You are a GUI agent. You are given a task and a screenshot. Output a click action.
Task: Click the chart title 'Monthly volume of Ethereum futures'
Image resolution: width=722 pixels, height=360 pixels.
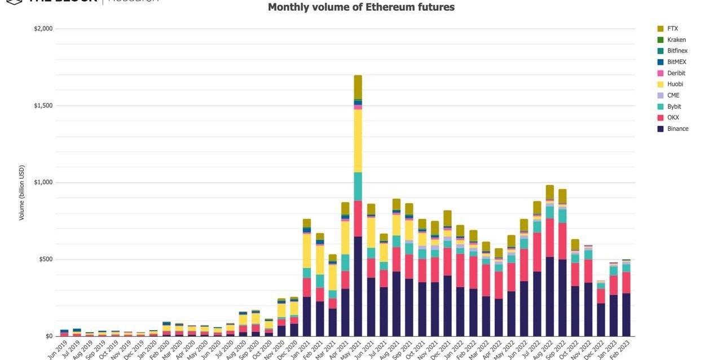(x=361, y=7)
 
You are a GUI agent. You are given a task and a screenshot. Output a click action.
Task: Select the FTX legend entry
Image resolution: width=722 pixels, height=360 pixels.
(x=672, y=28)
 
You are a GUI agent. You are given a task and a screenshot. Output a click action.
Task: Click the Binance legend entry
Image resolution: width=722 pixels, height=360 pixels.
(x=677, y=129)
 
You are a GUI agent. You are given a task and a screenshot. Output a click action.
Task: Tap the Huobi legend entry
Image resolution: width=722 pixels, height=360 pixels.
(x=675, y=84)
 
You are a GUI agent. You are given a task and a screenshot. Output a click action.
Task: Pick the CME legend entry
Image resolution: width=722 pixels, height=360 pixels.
(x=673, y=95)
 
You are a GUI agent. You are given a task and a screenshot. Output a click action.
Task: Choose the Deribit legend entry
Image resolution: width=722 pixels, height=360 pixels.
(x=676, y=73)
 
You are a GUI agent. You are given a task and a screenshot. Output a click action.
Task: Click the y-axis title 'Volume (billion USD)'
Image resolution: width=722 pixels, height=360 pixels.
(x=22, y=193)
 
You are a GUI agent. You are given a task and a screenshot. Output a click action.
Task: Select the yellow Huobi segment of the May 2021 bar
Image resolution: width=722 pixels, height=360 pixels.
(x=358, y=141)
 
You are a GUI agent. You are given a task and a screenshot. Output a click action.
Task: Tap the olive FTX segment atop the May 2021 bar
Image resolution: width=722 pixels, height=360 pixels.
(x=358, y=87)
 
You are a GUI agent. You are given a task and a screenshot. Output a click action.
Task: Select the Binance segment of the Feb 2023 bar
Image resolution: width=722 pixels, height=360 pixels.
(x=626, y=314)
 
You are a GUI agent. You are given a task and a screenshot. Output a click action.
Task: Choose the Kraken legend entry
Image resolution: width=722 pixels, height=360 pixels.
(x=676, y=39)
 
